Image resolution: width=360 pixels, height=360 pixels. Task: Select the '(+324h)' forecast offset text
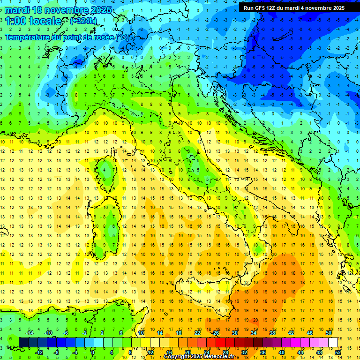click(84, 21)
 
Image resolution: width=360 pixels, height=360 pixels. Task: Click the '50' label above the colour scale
click(328, 332)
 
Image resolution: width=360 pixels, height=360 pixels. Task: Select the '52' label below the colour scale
click(337, 352)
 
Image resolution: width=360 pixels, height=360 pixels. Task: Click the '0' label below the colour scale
click(93, 352)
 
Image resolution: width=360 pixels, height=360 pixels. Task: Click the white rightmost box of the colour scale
click(333, 342)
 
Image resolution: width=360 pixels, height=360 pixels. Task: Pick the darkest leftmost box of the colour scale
click(23, 342)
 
